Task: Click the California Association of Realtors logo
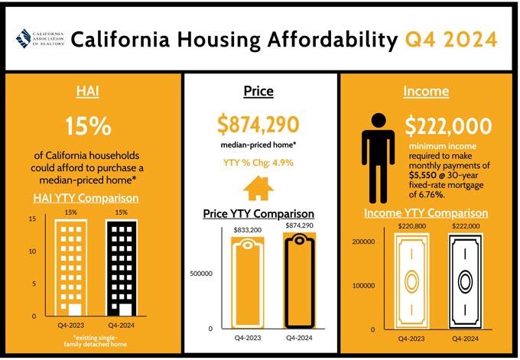coord(40,38)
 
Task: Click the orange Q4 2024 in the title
coord(451,40)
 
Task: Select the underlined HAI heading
coord(87,91)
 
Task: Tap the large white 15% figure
coord(88,126)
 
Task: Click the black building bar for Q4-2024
coord(122,268)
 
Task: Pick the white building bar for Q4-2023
coord(71,268)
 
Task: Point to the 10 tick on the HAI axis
coord(32,251)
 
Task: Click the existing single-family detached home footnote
coord(95,341)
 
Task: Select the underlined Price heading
coord(258,91)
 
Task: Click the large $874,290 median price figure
coord(258,125)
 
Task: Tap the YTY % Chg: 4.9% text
coord(258,163)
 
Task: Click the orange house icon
coord(258,188)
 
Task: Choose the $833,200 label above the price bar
coord(248,230)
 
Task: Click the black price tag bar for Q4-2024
coord(299,281)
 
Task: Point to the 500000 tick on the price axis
coord(201,274)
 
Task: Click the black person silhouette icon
coord(378,158)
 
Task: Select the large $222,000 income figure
coord(448,126)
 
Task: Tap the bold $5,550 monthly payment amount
coord(422,175)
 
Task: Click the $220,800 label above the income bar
coord(412,226)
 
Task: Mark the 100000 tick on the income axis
coord(363,285)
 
